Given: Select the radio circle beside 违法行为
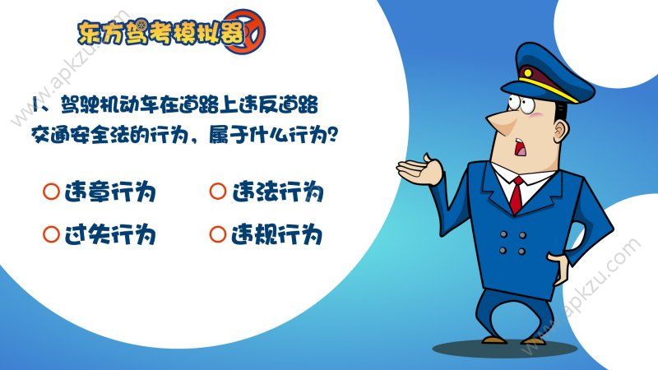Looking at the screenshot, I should [x=218, y=192].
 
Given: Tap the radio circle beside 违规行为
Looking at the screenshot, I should [x=218, y=235].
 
